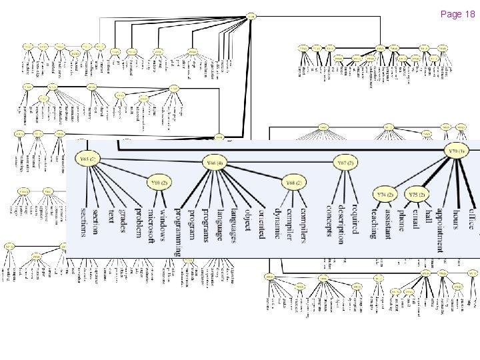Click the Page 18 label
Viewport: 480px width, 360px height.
point(457,14)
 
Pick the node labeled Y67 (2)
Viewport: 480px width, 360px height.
point(345,163)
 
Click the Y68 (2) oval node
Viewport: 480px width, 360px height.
point(294,182)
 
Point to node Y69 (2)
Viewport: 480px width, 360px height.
point(159,182)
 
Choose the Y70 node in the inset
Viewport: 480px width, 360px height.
point(458,151)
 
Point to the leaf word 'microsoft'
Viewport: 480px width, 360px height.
point(152,223)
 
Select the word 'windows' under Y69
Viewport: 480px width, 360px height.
point(165,223)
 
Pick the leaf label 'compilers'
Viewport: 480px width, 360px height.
point(303,224)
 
